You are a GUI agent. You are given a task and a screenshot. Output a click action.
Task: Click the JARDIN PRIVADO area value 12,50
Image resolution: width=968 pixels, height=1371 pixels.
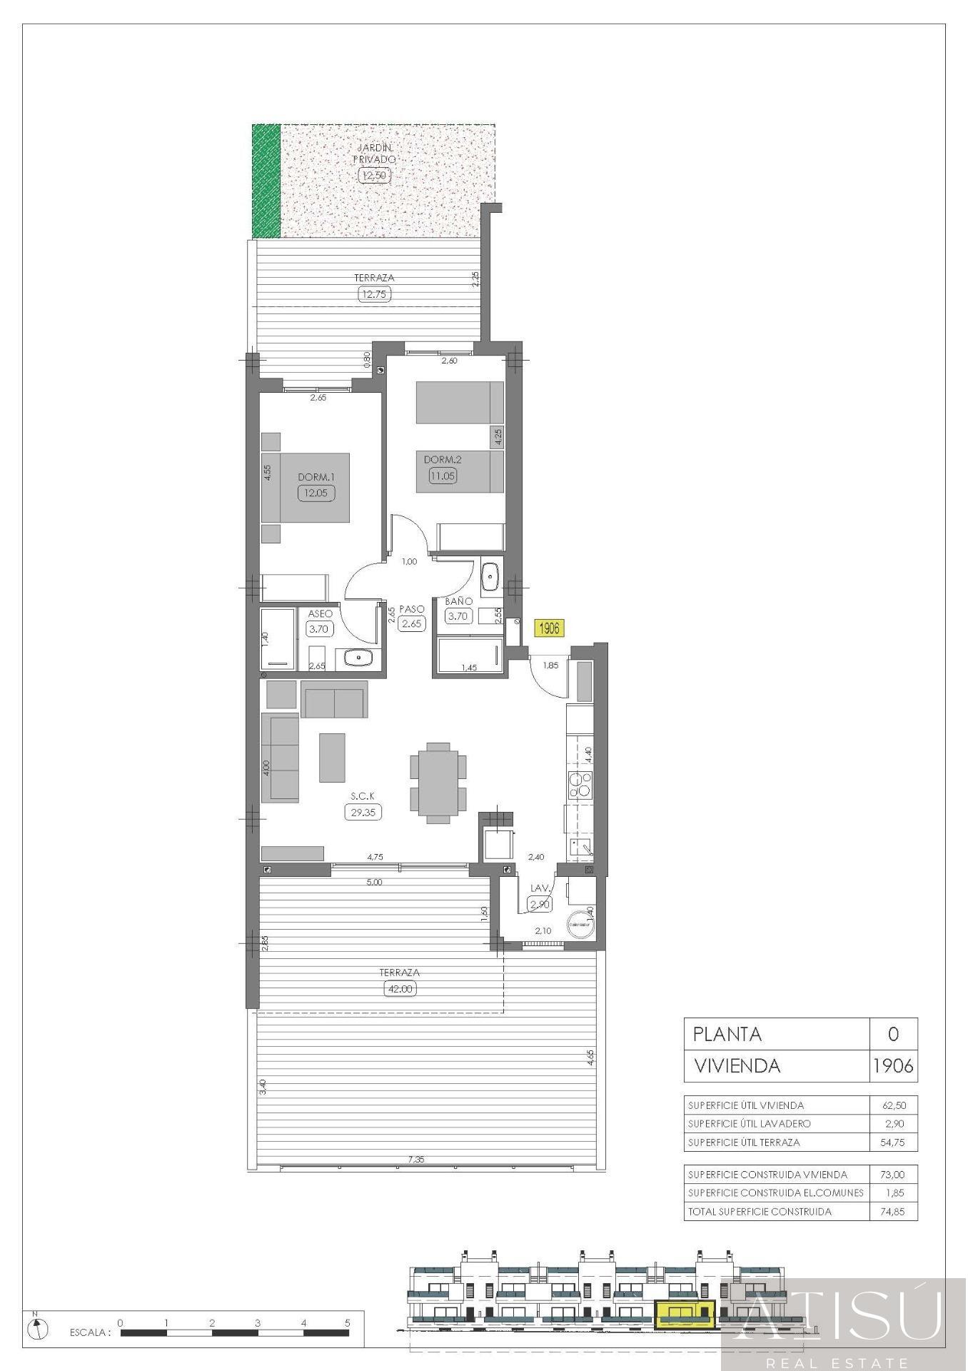point(373,175)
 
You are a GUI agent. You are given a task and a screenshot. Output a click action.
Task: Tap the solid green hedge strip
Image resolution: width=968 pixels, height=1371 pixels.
point(266,181)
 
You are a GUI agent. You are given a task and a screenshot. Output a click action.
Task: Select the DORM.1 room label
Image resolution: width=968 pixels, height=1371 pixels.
point(316,477)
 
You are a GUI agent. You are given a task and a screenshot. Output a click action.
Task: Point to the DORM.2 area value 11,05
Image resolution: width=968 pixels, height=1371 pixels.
point(443,476)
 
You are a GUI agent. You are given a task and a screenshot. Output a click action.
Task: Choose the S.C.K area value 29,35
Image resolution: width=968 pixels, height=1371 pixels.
point(363,812)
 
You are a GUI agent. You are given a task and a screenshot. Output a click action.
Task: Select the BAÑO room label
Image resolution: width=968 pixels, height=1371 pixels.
point(458,601)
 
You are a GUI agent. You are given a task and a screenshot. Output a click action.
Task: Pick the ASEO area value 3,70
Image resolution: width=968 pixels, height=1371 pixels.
point(318,629)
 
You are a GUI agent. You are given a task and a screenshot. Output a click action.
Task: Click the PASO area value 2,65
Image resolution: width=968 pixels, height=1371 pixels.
point(413,623)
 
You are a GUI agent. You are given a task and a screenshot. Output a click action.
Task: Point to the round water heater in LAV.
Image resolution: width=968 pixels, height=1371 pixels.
point(579,924)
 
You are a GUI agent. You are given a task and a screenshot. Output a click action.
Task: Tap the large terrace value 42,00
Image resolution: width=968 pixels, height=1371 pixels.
point(399,989)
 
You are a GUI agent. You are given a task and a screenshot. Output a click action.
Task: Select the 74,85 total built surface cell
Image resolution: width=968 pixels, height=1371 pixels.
point(894,1211)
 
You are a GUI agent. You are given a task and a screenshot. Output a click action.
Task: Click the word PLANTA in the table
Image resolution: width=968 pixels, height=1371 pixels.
point(727,1034)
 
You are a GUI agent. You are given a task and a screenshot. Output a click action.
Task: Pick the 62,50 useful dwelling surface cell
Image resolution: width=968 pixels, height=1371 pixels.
point(894,1105)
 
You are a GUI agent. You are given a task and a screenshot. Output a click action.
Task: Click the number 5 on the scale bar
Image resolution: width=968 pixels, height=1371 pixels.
point(348,1323)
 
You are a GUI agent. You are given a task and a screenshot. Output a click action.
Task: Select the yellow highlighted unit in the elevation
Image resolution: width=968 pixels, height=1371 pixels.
point(685,1314)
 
